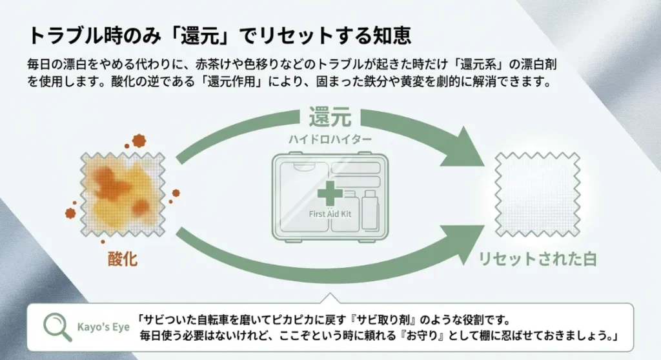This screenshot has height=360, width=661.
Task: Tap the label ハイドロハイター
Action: pyautogui.click(x=330, y=139)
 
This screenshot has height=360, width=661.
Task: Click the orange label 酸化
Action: pyautogui.click(x=122, y=259)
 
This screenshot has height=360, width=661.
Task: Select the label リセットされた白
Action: pyautogui.click(x=537, y=259)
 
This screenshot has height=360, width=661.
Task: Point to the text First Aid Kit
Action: pyautogui.click(x=330, y=214)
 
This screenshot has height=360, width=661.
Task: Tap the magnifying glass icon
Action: pyautogui.click(x=57, y=325)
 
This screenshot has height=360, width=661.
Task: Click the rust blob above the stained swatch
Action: pyautogui.click(x=139, y=140)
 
